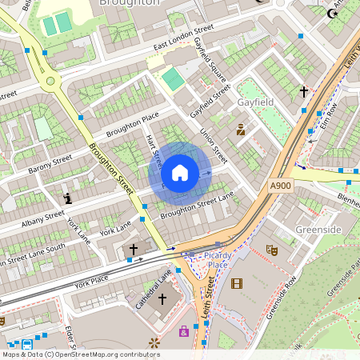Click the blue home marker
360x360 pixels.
(180, 173)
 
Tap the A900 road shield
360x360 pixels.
(281, 186)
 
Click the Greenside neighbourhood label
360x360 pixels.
(318, 230)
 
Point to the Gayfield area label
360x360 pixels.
(256, 103)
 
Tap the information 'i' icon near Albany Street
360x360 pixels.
(67, 198)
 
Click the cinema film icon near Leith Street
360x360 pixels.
(236, 283)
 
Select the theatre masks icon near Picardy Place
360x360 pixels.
(272, 250)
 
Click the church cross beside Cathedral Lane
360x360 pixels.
(162, 299)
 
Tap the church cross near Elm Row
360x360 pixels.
(303, 93)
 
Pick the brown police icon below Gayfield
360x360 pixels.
(240, 129)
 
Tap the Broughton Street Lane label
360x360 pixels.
(197, 205)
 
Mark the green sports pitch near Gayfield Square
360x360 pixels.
(173, 79)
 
